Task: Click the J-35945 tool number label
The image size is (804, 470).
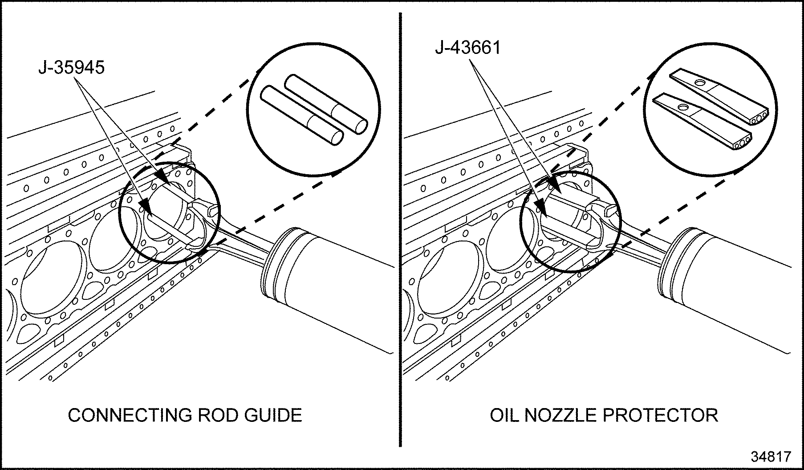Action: coord(71,67)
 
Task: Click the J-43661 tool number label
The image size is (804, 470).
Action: coord(467,47)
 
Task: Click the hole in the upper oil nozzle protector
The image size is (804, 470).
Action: coord(698,83)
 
